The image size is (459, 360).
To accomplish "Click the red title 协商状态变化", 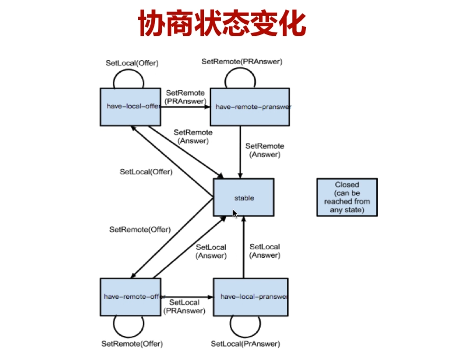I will [222, 24].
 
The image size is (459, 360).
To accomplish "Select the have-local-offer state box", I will [130, 107].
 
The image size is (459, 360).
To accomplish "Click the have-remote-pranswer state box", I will [250, 107].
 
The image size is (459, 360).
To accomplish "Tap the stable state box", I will [244, 198].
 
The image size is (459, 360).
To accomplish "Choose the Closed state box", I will [347, 197].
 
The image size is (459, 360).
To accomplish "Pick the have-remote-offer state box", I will [130, 297].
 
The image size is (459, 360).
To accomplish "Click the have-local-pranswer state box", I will [251, 297].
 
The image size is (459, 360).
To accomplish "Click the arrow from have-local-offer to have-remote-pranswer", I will [185, 107].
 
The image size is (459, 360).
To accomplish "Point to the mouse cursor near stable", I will [234, 213].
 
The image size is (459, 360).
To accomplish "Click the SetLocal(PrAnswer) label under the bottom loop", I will [246, 344].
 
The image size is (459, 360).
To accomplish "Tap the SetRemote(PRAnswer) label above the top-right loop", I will [242, 61].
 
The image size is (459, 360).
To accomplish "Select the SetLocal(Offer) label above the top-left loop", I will [132, 62].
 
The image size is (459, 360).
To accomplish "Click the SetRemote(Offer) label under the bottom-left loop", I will [132, 344].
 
